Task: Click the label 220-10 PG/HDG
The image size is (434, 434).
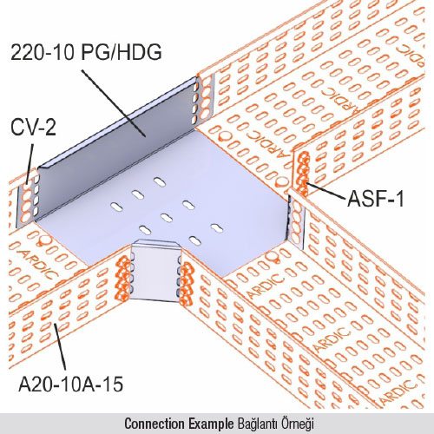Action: click(86, 52)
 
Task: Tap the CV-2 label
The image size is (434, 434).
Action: click(33, 128)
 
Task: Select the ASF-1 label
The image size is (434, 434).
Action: click(375, 199)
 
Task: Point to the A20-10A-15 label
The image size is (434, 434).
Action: click(71, 384)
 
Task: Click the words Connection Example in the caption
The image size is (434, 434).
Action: click(179, 424)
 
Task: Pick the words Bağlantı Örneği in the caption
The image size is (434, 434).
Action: click(276, 424)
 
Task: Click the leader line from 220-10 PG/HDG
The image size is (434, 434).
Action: click(114, 102)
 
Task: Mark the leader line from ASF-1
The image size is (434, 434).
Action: click(326, 191)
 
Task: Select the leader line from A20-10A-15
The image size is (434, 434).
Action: click(60, 347)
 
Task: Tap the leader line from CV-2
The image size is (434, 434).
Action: click(30, 164)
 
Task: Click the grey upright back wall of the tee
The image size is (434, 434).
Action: click(115, 148)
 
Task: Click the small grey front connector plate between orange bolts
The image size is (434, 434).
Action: click(155, 271)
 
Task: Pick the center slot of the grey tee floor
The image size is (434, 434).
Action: click(166, 218)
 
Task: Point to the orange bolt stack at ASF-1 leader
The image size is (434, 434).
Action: click(303, 174)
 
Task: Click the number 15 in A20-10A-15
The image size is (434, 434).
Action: click(114, 384)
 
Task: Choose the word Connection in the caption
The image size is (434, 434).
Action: click(155, 424)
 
